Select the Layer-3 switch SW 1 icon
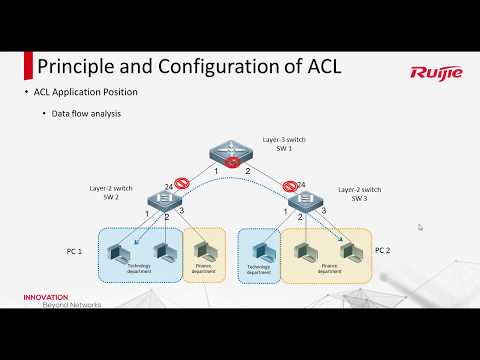[234, 154]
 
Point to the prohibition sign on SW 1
[234, 162]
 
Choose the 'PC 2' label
[382, 250]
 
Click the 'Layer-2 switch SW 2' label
[110, 192]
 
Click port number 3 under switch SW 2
[182, 212]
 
